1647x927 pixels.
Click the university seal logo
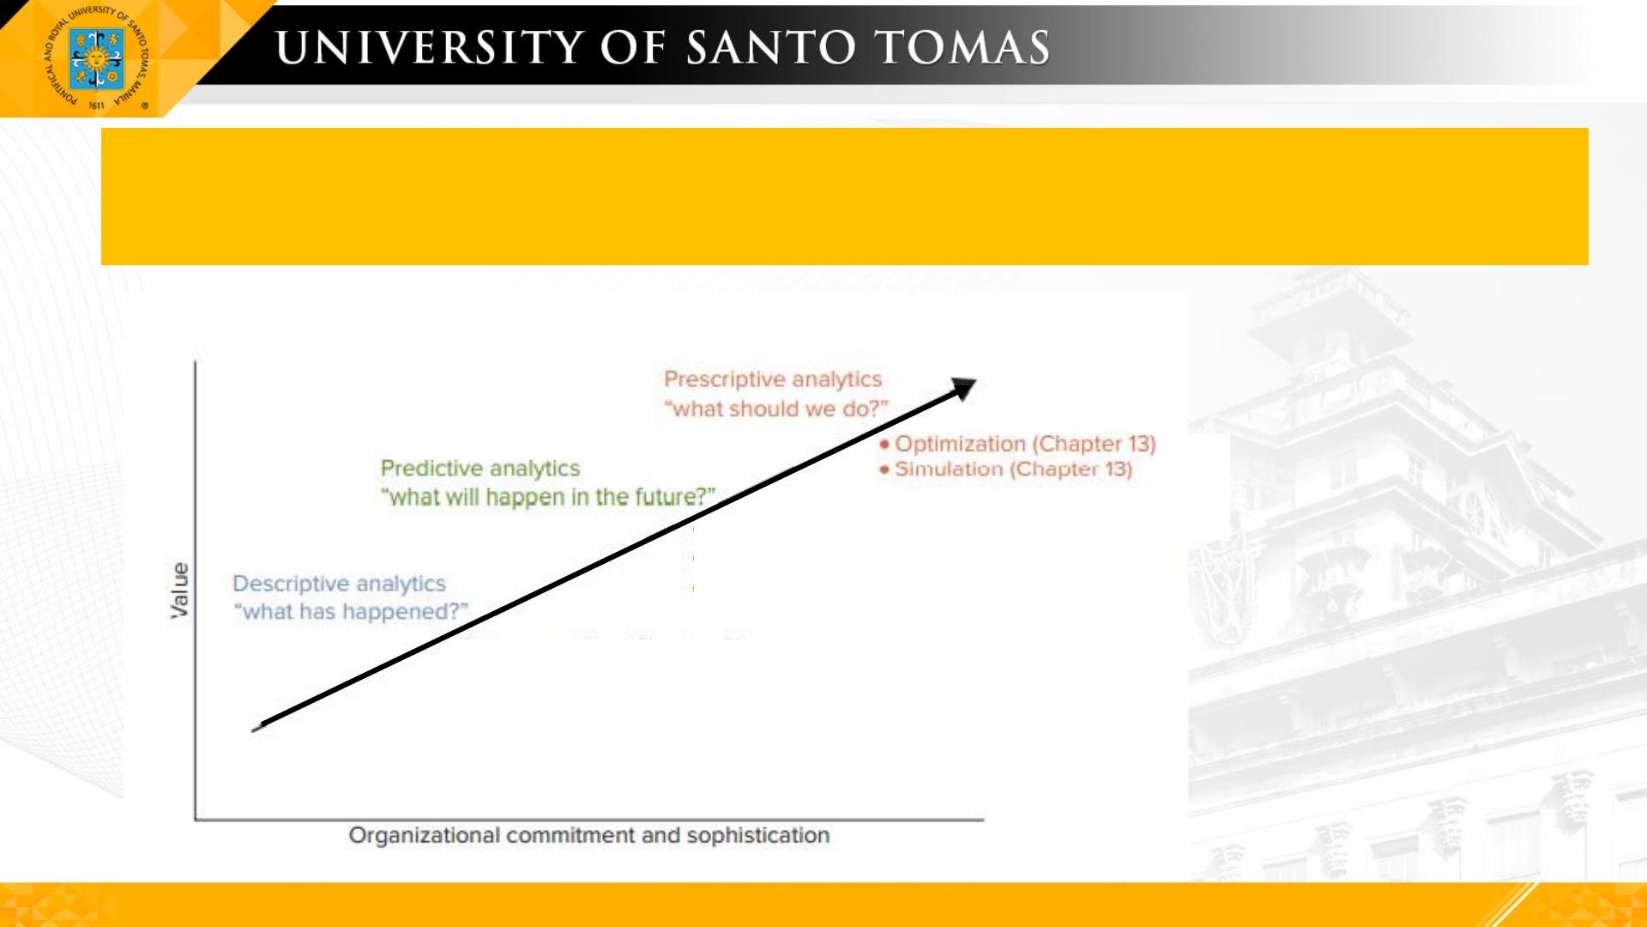(x=97, y=58)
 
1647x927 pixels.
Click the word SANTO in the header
(x=771, y=47)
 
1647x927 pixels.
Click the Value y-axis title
(x=179, y=591)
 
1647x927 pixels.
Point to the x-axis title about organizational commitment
(x=589, y=835)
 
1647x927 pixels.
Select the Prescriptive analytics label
(x=773, y=379)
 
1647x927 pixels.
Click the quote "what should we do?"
(x=776, y=409)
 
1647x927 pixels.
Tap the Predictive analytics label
(x=480, y=469)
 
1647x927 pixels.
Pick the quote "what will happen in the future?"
(x=548, y=497)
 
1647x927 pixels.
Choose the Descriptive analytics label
(x=340, y=584)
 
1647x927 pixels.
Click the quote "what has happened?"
(x=352, y=612)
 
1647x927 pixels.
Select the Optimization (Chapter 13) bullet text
(x=1026, y=444)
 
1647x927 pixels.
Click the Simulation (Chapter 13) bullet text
(x=1014, y=470)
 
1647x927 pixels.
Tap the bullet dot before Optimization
(x=884, y=445)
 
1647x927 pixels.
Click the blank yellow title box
(x=845, y=197)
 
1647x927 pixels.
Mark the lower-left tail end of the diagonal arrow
(x=253, y=730)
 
